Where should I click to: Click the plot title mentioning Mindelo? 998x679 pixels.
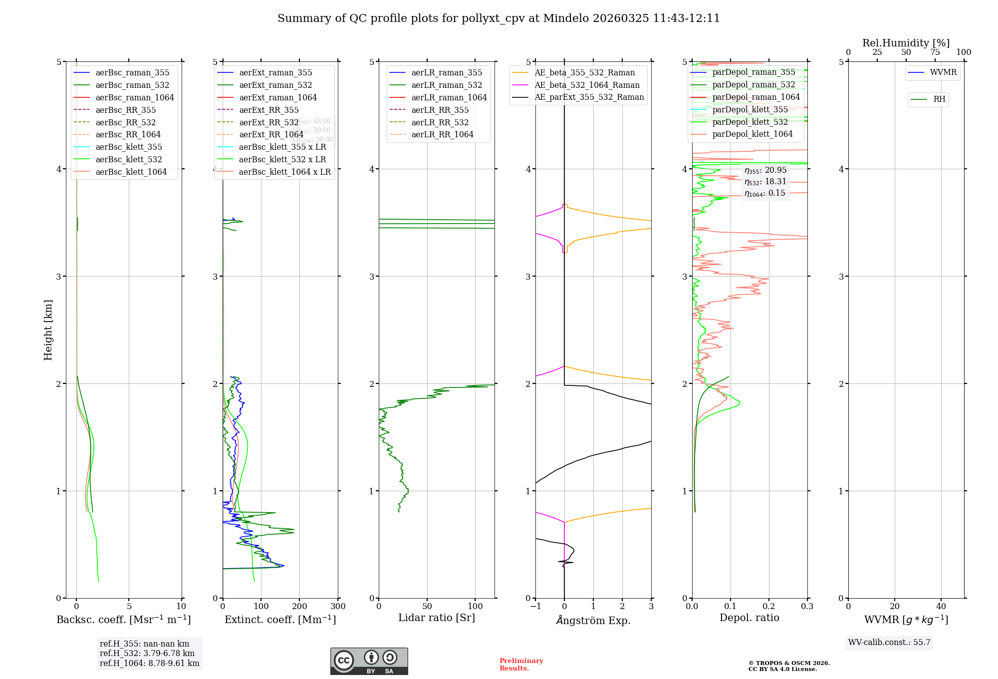click(499, 18)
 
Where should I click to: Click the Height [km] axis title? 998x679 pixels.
click(48, 330)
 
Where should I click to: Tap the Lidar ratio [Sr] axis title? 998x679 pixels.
click(437, 618)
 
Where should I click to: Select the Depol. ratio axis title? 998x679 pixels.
click(749, 618)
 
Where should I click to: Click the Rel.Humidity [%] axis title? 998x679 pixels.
click(906, 43)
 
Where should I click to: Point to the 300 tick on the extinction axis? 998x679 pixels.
click(338, 607)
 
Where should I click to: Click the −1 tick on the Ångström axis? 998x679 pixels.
click(535, 607)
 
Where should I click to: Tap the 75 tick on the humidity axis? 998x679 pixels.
click(935, 52)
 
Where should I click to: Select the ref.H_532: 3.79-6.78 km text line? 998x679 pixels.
click(147, 654)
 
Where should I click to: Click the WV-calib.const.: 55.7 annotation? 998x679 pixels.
click(889, 643)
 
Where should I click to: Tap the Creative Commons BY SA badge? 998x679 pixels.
click(369, 662)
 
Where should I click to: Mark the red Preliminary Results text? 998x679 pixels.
click(521, 665)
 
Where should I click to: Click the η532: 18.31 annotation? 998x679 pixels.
click(765, 182)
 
